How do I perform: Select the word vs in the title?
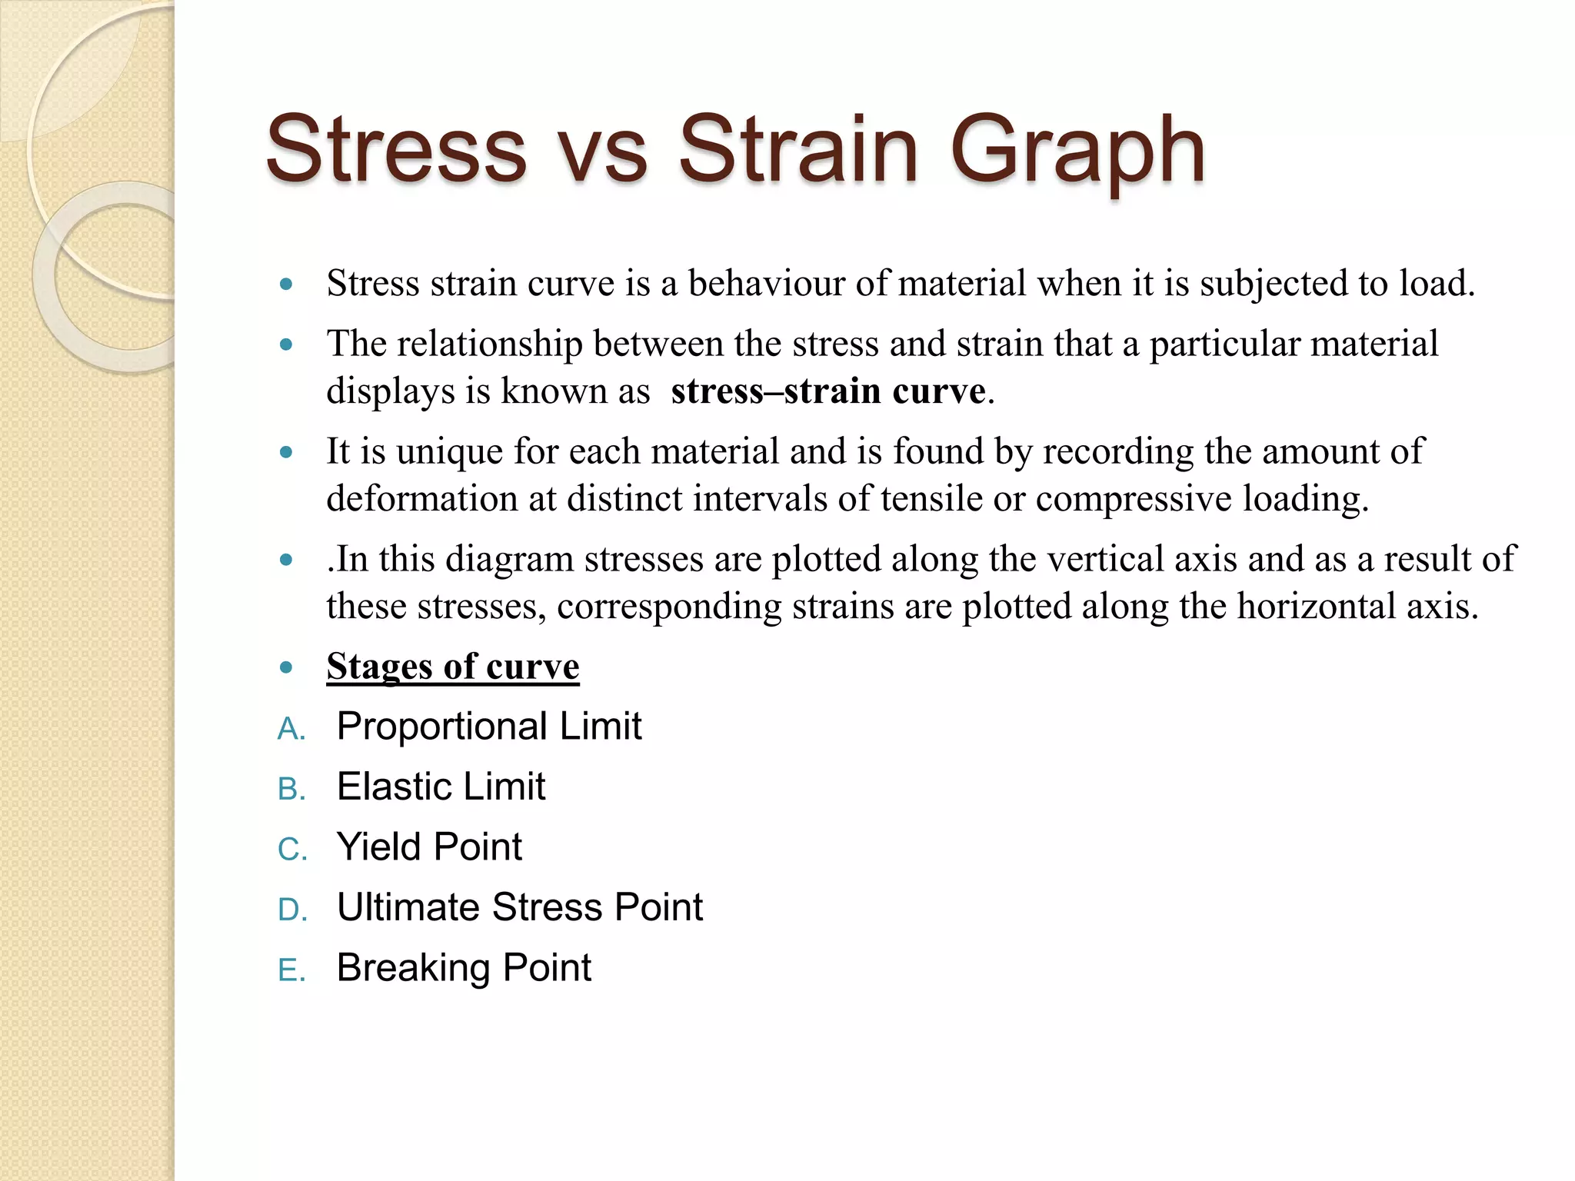pyautogui.click(x=601, y=154)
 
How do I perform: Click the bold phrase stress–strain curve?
pyautogui.click(x=828, y=391)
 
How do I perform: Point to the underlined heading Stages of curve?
pyautogui.click(x=452, y=666)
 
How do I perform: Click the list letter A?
pyautogui.click(x=290, y=729)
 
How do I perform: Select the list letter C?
pyautogui.click(x=291, y=850)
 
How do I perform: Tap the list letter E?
pyautogui.click(x=290, y=970)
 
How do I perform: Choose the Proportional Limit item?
pyautogui.click(x=489, y=727)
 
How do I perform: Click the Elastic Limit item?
pyautogui.click(x=441, y=787)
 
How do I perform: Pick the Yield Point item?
pyautogui.click(x=429, y=847)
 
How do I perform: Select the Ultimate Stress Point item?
pyautogui.click(x=520, y=907)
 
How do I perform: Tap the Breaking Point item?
pyautogui.click(x=464, y=967)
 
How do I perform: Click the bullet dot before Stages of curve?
pyautogui.click(x=287, y=667)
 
